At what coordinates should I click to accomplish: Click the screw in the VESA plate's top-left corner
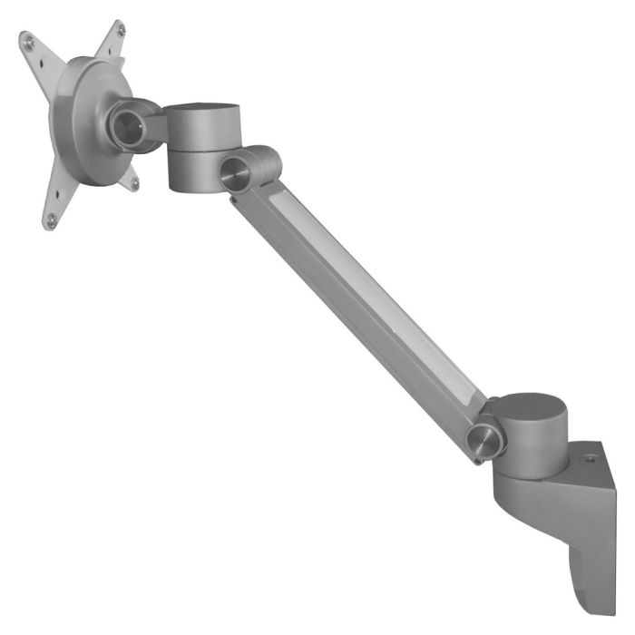pos(28,41)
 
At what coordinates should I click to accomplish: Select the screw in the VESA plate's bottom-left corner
pos(51,219)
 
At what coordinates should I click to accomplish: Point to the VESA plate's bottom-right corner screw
pos(134,183)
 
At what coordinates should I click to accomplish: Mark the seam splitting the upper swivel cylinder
pos(195,151)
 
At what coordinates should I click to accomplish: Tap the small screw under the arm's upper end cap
pos(233,194)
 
